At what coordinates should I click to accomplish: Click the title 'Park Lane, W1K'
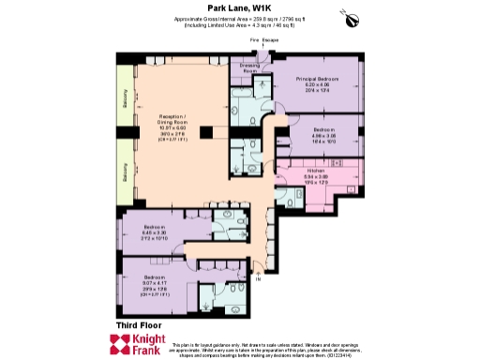pyautogui.click(x=240, y=8)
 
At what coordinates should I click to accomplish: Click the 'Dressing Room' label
pyautogui.click(x=251, y=68)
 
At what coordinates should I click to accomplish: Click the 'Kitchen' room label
pyautogui.click(x=315, y=172)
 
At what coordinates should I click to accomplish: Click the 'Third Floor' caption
pyautogui.click(x=139, y=324)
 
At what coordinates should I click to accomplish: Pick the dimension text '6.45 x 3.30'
pyautogui.click(x=156, y=232)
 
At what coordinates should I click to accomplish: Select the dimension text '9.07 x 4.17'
pyautogui.click(x=156, y=284)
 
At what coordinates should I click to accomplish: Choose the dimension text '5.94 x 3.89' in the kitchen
pyautogui.click(x=315, y=177)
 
